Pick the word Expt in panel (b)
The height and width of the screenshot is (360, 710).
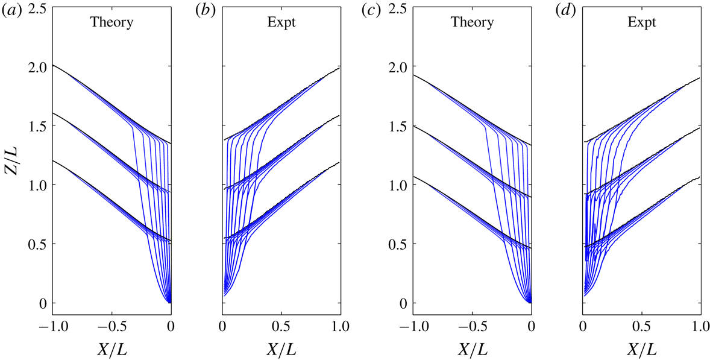(x=281, y=23)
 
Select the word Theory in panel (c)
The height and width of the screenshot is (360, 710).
(x=472, y=23)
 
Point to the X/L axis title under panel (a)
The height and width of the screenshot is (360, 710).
(x=112, y=349)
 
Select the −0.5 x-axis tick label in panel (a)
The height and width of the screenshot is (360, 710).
(x=110, y=326)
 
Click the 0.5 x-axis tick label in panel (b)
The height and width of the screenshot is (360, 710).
(x=281, y=326)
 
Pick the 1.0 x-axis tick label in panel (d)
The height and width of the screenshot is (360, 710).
(x=699, y=326)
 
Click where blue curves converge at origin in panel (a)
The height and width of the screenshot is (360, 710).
(x=170, y=302)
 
